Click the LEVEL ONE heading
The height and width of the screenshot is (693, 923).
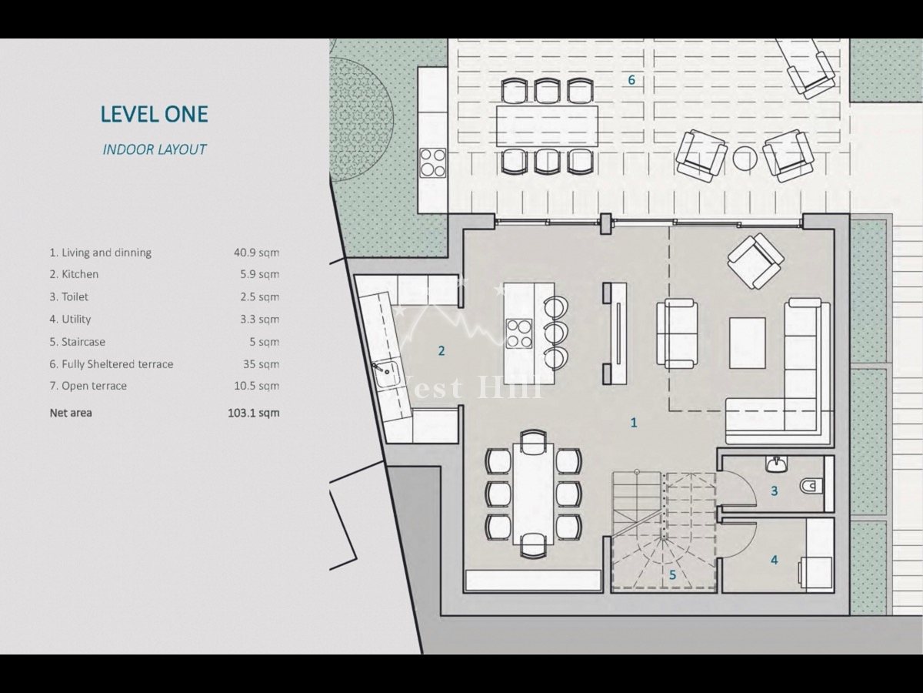(155, 114)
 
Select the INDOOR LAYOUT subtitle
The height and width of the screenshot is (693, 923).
(155, 149)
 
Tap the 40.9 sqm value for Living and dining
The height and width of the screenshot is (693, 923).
(256, 253)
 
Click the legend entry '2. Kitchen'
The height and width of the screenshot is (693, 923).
(74, 274)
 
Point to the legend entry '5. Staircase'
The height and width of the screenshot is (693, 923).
(78, 342)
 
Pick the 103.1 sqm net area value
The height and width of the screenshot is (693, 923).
(254, 413)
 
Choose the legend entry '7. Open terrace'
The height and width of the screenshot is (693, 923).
(88, 386)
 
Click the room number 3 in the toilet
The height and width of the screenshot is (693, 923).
(774, 491)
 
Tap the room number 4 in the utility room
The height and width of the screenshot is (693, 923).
(774, 560)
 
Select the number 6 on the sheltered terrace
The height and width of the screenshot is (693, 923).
(631, 80)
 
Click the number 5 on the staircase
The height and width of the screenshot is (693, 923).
(672, 574)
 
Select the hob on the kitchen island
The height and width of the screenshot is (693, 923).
(519, 333)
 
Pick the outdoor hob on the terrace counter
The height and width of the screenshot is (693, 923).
(433, 162)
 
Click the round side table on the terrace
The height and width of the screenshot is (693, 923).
(745, 158)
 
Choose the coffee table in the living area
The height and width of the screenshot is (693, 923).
(748, 343)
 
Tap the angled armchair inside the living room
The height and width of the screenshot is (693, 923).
(755, 261)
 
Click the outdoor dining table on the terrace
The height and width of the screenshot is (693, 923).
(547, 126)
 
